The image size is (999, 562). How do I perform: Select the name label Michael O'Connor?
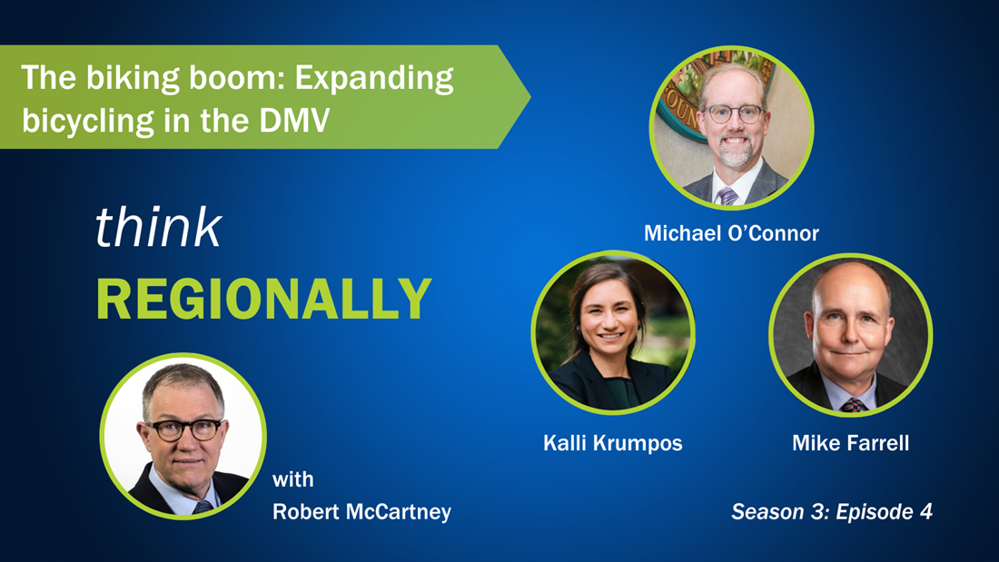(731, 233)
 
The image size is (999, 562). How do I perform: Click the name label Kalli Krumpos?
(612, 443)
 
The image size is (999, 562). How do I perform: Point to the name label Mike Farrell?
(851, 443)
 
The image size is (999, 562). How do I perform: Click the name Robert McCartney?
(361, 512)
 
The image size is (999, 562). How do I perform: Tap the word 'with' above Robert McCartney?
(293, 479)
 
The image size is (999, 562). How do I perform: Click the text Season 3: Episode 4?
(831, 511)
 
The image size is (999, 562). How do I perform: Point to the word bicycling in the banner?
(88, 122)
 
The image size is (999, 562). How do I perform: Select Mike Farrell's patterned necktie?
(853, 405)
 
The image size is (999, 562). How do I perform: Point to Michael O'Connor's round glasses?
(733, 114)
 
